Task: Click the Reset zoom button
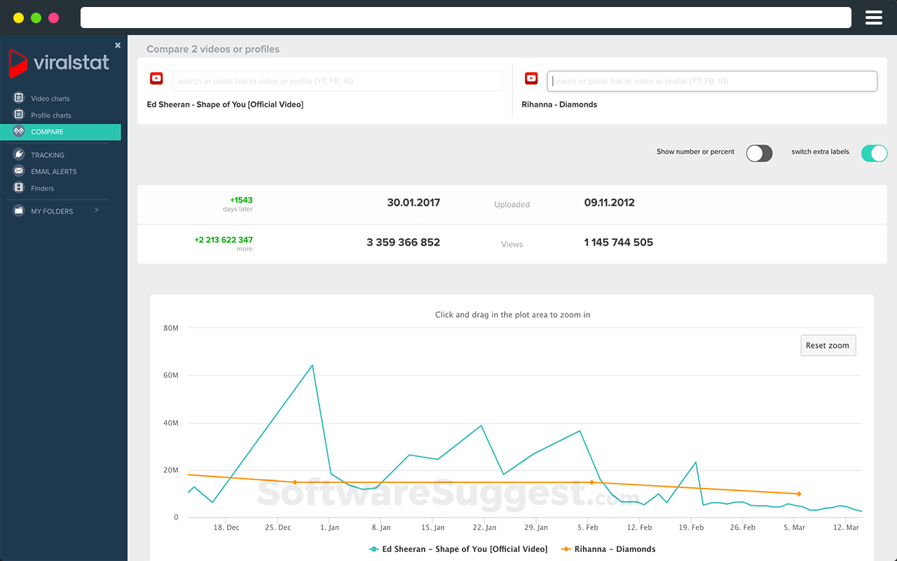point(828,345)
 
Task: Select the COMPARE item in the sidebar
point(47,132)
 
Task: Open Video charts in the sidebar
point(50,99)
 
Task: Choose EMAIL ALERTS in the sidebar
point(53,172)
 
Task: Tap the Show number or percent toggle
point(759,154)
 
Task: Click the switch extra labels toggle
point(874,154)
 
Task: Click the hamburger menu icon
point(873,18)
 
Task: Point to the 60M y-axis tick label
point(171,376)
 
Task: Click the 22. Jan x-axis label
point(484,527)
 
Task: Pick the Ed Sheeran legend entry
point(458,549)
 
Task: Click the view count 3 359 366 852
point(403,243)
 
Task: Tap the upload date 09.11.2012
point(609,203)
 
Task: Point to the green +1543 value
point(241,201)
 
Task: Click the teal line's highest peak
point(312,365)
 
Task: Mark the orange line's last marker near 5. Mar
point(798,494)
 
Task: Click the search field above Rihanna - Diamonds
point(711,81)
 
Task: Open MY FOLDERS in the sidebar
point(52,211)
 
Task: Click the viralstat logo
point(60,63)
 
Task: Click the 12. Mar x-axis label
point(846,527)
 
